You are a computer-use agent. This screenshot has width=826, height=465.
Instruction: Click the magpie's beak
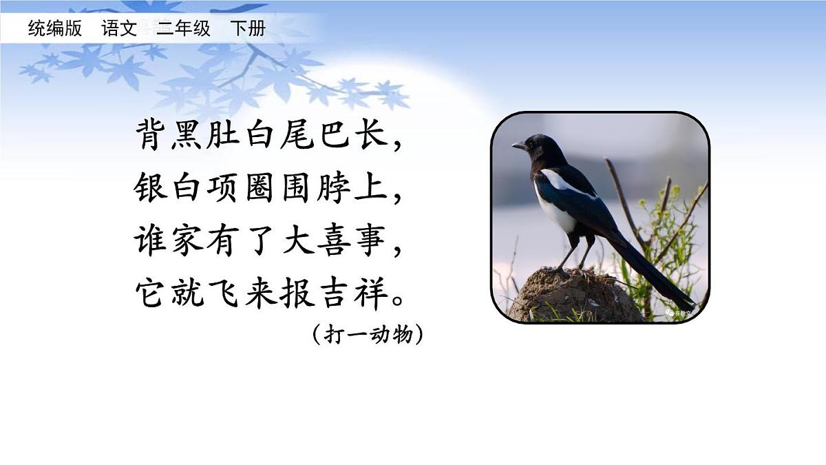coord(518,145)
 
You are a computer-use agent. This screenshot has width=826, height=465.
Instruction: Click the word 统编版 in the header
coord(55,28)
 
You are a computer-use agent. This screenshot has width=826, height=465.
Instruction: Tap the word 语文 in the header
coord(119,28)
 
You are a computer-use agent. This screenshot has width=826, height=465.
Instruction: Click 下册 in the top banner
coord(247,28)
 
